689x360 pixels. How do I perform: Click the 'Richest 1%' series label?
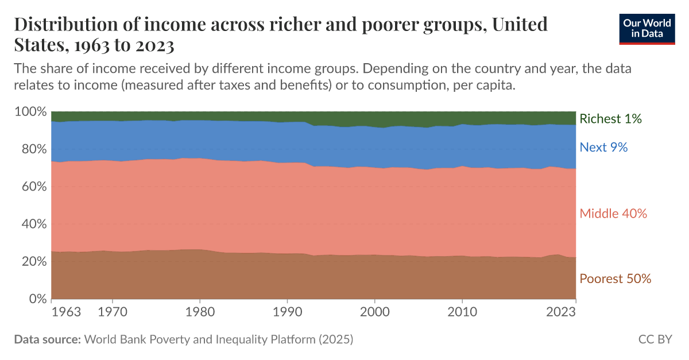(x=610, y=119)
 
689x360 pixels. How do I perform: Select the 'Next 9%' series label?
(x=603, y=148)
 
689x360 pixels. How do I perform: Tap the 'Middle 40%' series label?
(x=613, y=214)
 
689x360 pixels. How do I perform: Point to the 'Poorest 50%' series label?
(x=616, y=279)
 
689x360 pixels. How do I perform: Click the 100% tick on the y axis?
(x=29, y=111)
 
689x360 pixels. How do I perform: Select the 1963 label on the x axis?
(x=65, y=312)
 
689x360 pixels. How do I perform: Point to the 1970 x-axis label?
(x=113, y=312)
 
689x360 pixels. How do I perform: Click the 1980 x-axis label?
(x=200, y=312)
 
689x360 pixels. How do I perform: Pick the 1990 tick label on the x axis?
(x=287, y=312)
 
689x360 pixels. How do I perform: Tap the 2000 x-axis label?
(x=374, y=312)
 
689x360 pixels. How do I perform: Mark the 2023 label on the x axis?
(x=561, y=312)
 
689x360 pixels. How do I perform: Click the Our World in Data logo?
(x=647, y=29)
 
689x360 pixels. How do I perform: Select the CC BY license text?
(x=655, y=339)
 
